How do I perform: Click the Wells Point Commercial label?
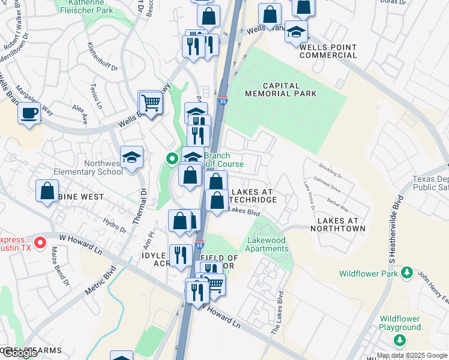pyautogui.click(x=328, y=51)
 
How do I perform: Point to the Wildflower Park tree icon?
pyautogui.click(x=406, y=272)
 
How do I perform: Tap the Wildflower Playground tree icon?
pyautogui.click(x=400, y=340)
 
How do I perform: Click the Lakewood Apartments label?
pyautogui.click(x=268, y=245)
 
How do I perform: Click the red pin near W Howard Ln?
pyautogui.click(x=40, y=243)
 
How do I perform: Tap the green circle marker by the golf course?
pyautogui.click(x=172, y=159)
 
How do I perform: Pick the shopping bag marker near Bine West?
pyautogui.click(x=47, y=191)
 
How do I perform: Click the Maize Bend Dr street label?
pyautogui.click(x=59, y=265)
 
